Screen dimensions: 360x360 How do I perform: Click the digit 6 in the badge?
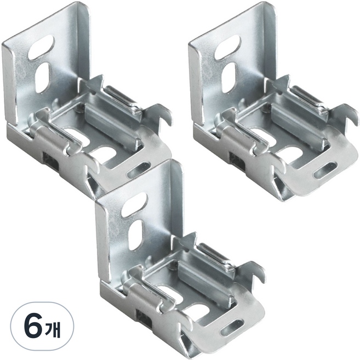click(32, 326)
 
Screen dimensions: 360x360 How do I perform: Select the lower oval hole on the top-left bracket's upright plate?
click(42, 77)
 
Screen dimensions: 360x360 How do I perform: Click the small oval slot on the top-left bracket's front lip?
click(139, 170)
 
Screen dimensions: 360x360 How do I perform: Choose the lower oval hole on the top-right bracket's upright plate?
click(228, 77)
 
